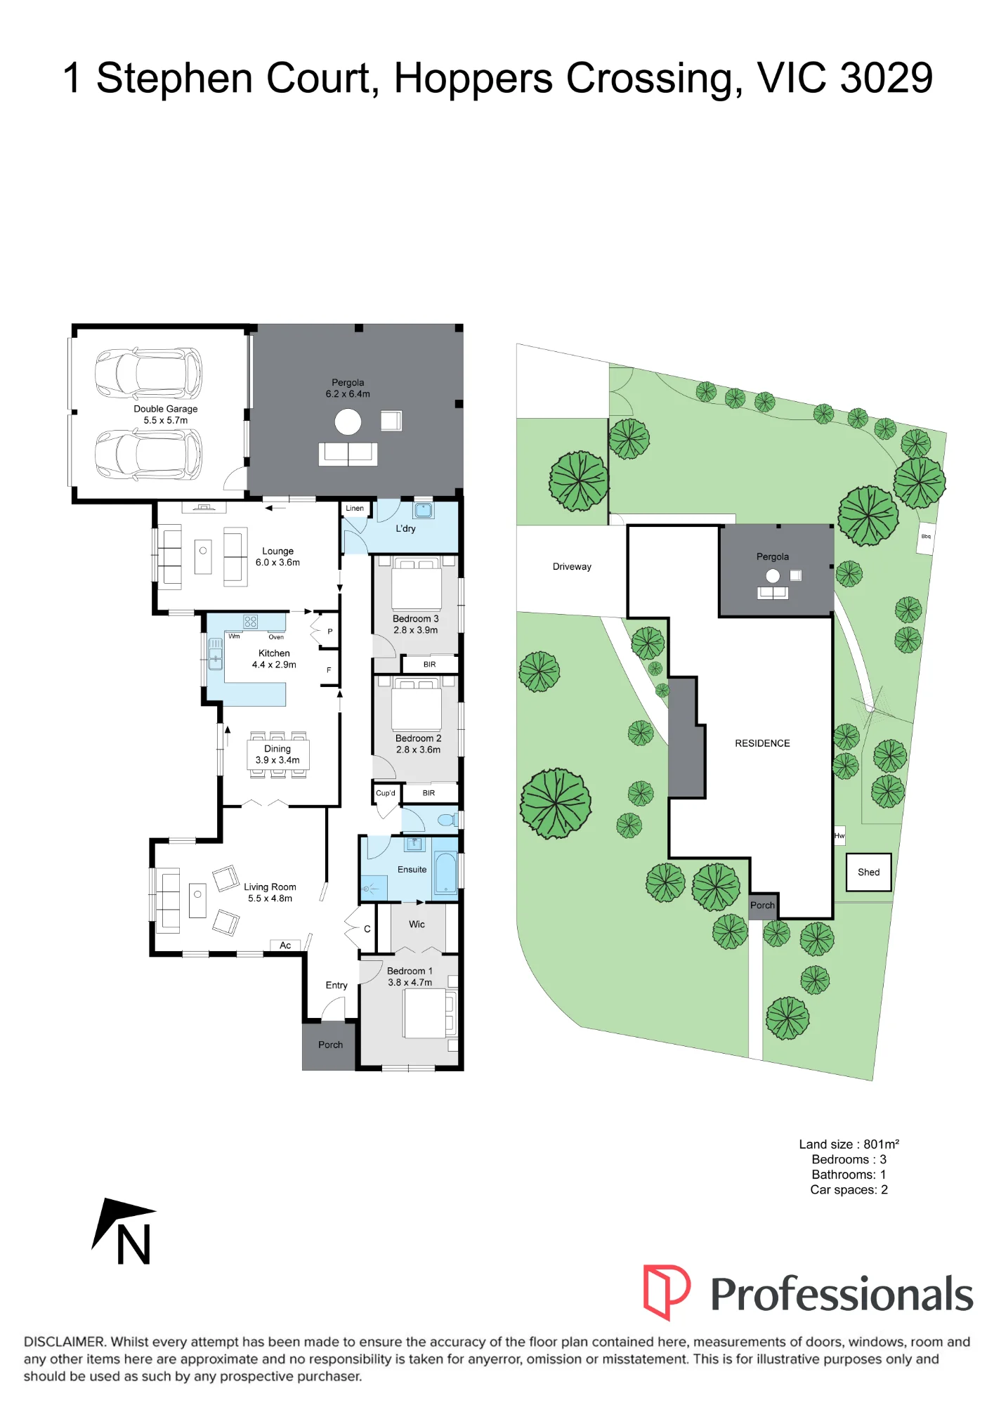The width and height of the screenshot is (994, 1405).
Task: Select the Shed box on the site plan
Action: click(868, 873)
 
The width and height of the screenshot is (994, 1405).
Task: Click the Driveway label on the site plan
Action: click(572, 567)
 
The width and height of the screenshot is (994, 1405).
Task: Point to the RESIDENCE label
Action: click(762, 743)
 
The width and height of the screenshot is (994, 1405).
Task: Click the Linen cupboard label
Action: click(355, 508)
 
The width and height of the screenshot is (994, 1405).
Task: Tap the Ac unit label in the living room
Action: click(285, 946)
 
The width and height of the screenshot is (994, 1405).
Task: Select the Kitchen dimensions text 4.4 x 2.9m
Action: click(274, 665)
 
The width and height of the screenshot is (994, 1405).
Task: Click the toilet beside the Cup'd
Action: click(447, 820)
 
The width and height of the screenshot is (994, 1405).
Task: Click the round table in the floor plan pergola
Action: click(348, 421)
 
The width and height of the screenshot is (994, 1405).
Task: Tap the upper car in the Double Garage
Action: click(149, 373)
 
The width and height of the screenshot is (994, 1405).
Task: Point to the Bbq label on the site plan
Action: click(926, 537)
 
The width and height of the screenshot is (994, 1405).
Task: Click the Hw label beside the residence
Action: click(839, 836)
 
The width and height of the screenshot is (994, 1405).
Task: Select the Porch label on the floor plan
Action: click(330, 1045)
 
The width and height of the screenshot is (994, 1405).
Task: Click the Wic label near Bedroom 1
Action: click(417, 924)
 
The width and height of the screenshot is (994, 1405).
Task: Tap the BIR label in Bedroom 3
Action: click(429, 665)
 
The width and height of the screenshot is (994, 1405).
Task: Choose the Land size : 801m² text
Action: click(849, 1144)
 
